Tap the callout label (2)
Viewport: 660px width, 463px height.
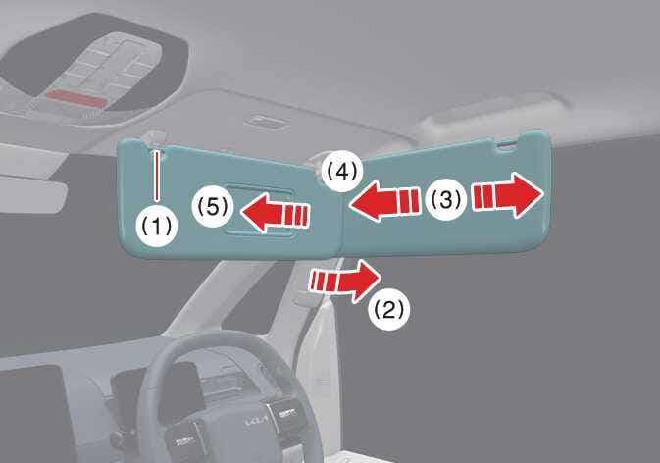point(388,310)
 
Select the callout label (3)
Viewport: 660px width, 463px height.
point(446,199)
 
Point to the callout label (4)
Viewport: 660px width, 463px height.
point(342,172)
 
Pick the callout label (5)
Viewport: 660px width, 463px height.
point(212,207)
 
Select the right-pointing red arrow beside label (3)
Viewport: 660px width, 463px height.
point(508,195)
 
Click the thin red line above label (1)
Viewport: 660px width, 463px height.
point(157,176)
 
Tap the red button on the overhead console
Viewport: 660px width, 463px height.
point(76,98)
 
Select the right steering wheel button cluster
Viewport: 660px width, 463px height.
point(287,413)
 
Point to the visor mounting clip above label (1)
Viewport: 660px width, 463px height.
point(158,139)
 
